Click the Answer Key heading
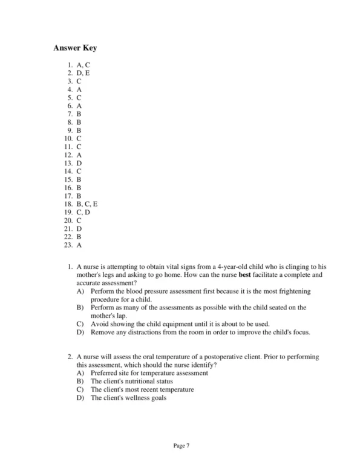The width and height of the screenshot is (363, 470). pyautogui.click(x=74, y=48)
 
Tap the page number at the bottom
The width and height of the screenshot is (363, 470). pyautogui.click(x=181, y=446)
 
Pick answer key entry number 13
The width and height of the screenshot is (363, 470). pyautogui.click(x=74, y=163)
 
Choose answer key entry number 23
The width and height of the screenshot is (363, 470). pyautogui.click(x=74, y=245)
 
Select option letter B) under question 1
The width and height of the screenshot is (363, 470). pyautogui.click(x=80, y=308)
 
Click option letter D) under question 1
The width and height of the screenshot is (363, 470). pyautogui.click(x=80, y=332)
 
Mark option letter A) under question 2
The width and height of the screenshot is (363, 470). pyautogui.click(x=80, y=374)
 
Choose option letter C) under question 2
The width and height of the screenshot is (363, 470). pyautogui.click(x=80, y=390)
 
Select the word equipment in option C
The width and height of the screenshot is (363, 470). pyautogui.click(x=177, y=324)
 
